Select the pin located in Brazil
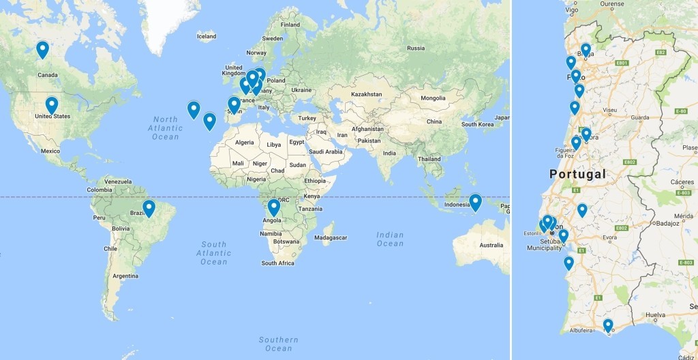click(149, 207)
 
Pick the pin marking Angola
click(274, 207)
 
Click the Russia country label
click(415, 48)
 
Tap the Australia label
click(491, 245)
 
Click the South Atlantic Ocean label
click(213, 253)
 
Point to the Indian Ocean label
click(390, 239)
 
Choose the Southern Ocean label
click(278, 344)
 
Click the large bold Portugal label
click(577, 175)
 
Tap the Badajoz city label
click(671, 230)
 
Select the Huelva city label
click(656, 315)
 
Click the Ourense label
click(611, 3)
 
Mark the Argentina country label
click(125, 275)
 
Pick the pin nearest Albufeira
click(608, 325)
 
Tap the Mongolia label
click(434, 97)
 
